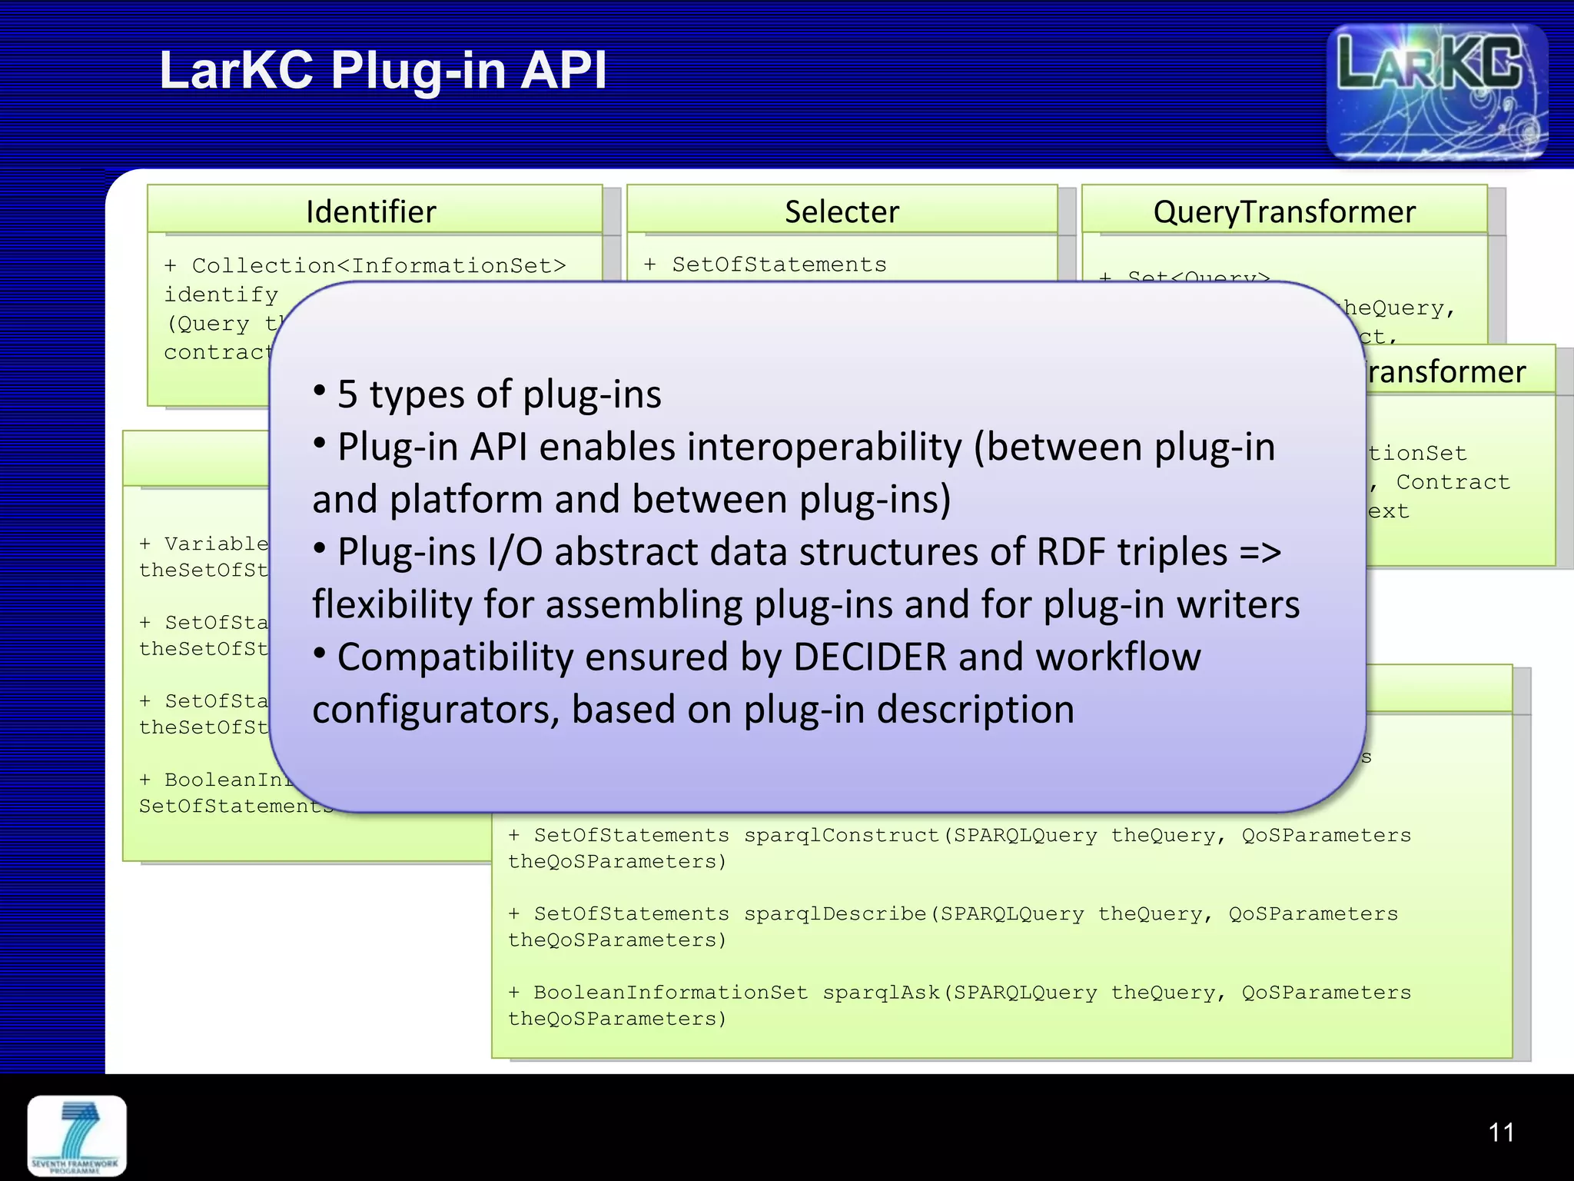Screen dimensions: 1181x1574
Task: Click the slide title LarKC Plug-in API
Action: pos(383,70)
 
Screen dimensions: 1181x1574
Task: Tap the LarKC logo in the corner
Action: pos(1436,92)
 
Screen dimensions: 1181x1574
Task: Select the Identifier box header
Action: pos(371,211)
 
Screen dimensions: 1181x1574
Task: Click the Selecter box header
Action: pos(842,211)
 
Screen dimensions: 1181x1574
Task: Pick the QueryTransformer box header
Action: pos(1283,211)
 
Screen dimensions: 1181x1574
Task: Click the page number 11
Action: pos(1501,1133)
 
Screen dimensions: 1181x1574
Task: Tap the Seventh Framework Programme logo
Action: pos(77,1136)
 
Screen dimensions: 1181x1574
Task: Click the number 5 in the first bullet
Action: pos(347,394)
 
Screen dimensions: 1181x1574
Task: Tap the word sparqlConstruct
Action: pos(842,835)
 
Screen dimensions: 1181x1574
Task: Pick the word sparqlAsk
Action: pos(882,993)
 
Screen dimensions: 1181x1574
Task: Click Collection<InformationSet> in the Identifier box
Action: pos(379,266)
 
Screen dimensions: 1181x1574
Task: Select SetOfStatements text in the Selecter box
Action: pos(779,264)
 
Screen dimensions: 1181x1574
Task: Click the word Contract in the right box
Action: pos(1453,482)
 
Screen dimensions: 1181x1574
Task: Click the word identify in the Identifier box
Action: pos(221,294)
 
